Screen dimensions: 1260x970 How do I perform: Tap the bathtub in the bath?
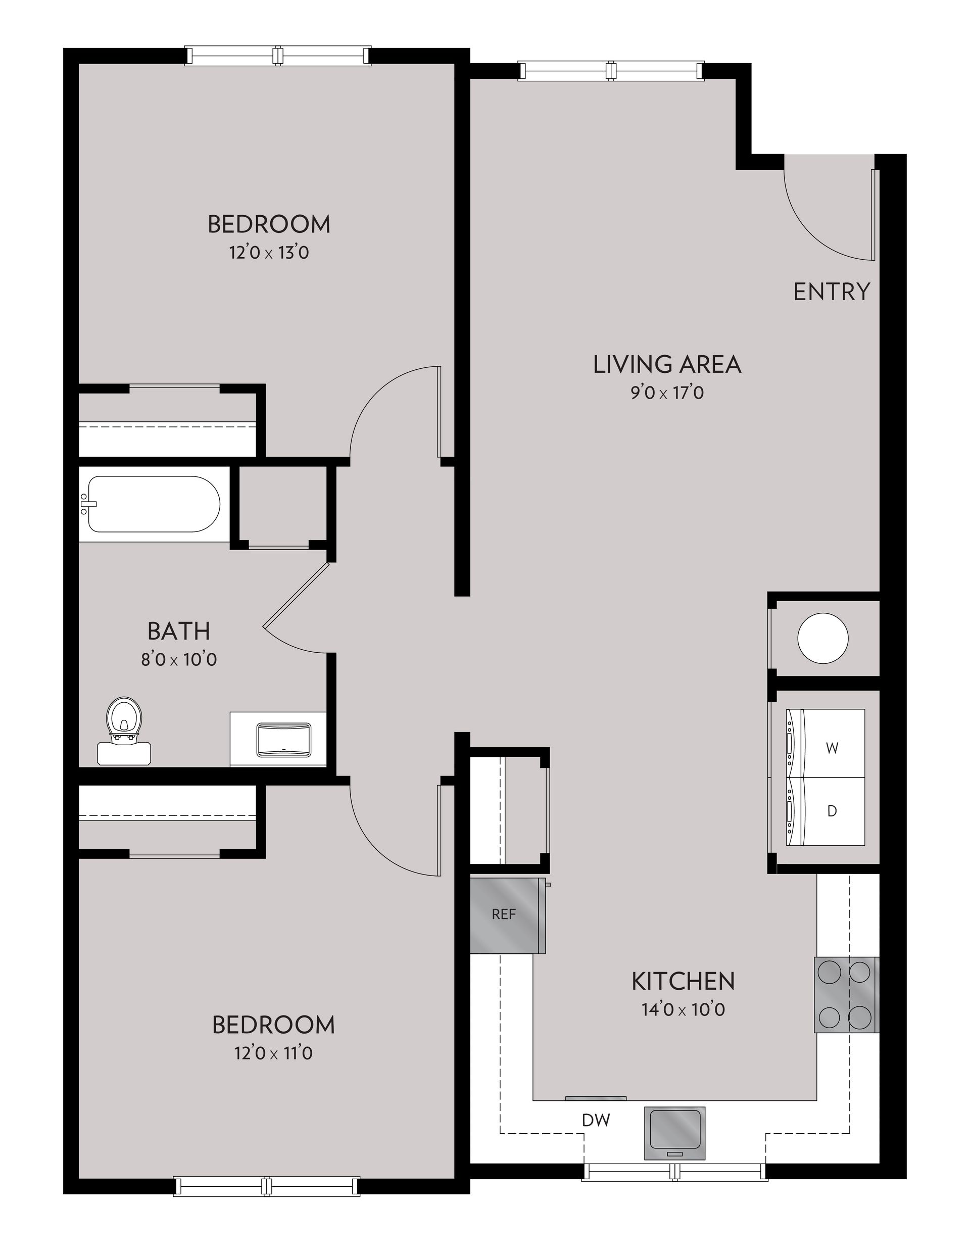(153, 504)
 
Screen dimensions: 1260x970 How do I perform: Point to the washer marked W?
(831, 748)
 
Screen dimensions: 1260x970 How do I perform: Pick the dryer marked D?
(831, 811)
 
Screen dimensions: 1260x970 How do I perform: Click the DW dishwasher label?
(596, 1121)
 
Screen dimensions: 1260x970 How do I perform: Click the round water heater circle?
(822, 638)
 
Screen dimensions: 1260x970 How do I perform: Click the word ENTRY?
(831, 292)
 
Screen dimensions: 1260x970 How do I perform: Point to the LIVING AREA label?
(667, 365)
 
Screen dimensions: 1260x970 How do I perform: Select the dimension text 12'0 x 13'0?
(269, 253)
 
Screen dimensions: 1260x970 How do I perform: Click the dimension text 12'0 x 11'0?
(273, 1053)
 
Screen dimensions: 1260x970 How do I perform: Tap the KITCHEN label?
(683, 981)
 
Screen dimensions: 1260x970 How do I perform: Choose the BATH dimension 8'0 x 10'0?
(179, 659)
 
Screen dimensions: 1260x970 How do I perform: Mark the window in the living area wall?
(611, 71)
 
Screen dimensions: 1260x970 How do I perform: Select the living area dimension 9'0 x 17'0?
(666, 394)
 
